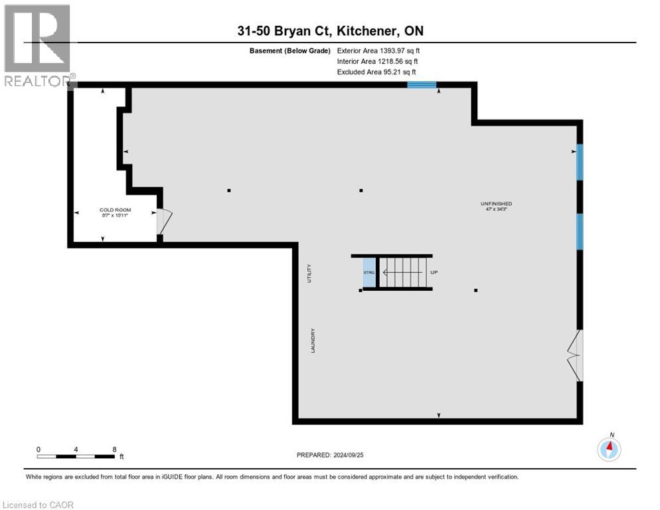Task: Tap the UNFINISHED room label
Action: point(496,203)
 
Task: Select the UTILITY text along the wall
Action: point(309,274)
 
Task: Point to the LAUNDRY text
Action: point(311,340)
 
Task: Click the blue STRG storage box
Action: point(369,272)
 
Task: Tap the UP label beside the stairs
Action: point(434,272)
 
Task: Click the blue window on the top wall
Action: point(421,84)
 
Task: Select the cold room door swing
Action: point(164,221)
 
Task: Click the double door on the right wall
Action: point(574,355)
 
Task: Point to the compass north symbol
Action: point(609,448)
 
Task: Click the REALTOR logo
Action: point(38,44)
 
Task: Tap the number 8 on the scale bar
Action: point(115,449)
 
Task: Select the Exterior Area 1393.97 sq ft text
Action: point(378,50)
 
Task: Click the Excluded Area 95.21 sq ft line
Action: point(376,72)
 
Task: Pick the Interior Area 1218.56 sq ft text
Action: point(376,61)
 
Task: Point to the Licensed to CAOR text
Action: point(38,505)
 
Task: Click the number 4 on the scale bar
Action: point(76,449)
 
